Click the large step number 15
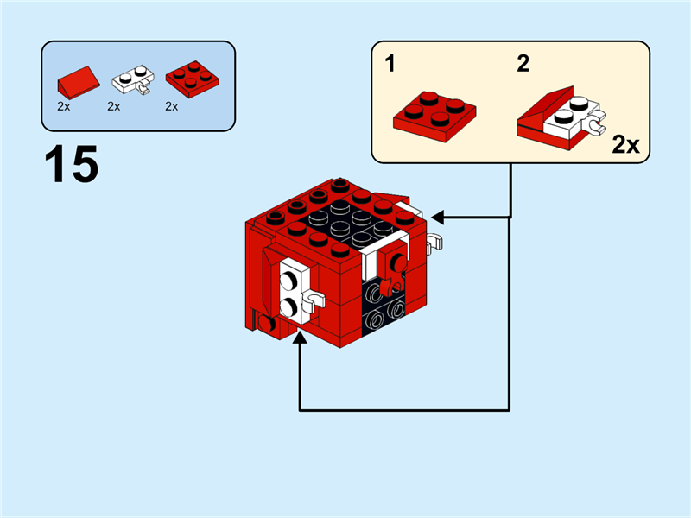tap(72, 164)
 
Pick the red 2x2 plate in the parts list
tap(191, 79)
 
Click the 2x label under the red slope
tap(63, 107)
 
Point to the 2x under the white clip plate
tap(114, 107)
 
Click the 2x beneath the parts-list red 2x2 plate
tap(171, 107)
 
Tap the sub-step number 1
tap(391, 64)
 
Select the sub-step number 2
tap(523, 64)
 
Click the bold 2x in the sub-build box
tap(626, 144)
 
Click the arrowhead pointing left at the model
tap(437, 216)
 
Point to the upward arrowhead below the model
tap(300, 342)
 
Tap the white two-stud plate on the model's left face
tap(291, 292)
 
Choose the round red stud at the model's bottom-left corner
tap(267, 325)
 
